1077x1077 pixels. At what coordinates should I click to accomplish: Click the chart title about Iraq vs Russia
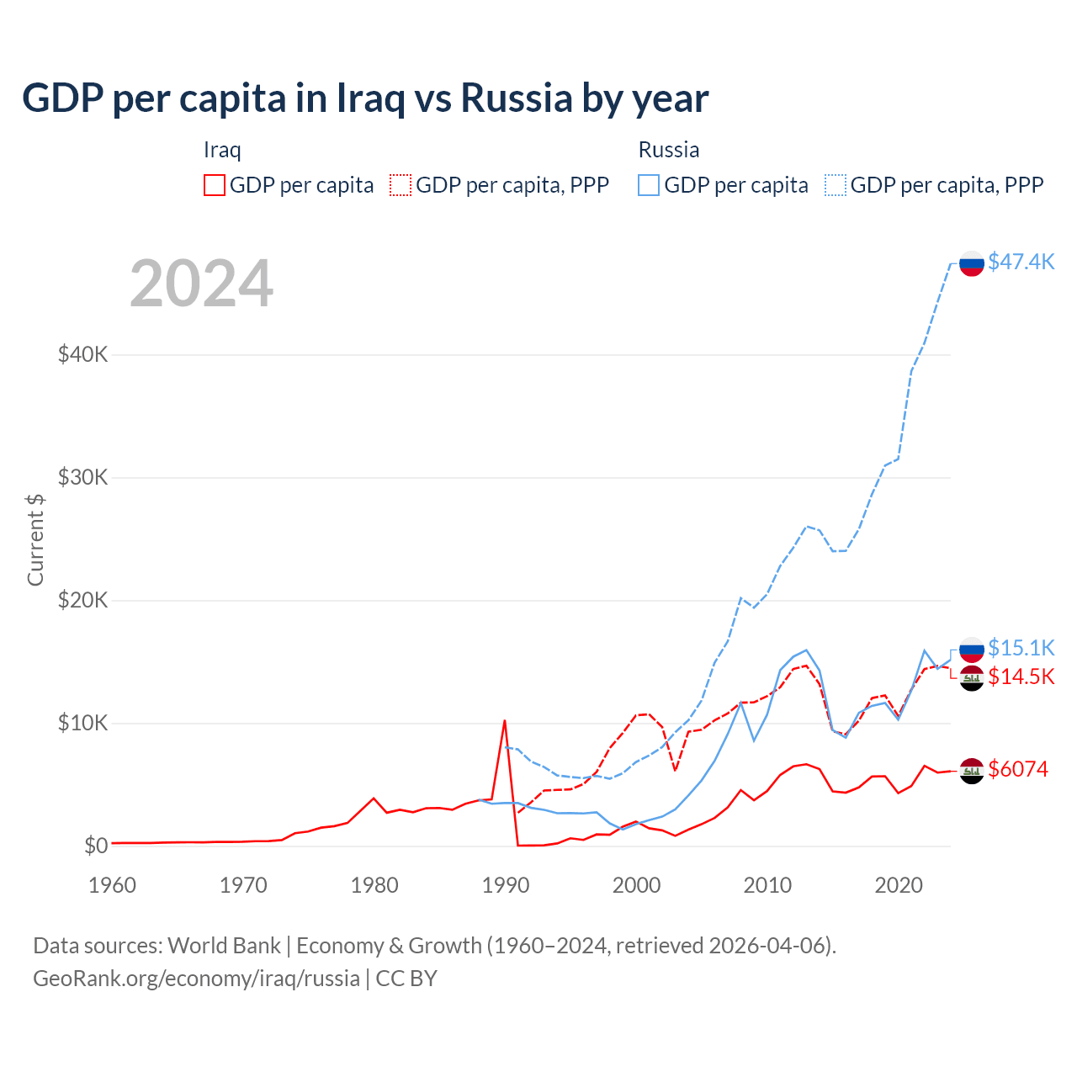click(365, 98)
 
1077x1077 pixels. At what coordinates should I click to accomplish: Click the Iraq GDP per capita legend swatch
click(215, 185)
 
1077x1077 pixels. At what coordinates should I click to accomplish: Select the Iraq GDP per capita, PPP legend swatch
click(401, 185)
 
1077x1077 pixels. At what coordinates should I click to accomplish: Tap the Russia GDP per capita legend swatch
click(649, 185)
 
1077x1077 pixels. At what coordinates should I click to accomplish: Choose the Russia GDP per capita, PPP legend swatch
click(836, 185)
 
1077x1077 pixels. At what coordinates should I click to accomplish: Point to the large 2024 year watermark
click(201, 284)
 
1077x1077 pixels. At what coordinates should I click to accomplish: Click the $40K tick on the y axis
click(82, 354)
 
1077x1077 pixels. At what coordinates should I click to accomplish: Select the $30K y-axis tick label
click(82, 477)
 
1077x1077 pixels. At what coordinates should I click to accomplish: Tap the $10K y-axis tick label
click(82, 723)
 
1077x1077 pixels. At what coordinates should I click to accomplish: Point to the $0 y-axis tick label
click(96, 846)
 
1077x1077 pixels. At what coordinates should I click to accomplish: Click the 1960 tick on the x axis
click(112, 885)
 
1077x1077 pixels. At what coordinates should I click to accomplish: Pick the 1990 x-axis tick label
click(506, 885)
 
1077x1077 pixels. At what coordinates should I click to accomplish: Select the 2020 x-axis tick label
click(899, 885)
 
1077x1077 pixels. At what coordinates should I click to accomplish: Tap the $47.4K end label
click(1021, 262)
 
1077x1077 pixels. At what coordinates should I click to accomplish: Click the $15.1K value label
click(1021, 647)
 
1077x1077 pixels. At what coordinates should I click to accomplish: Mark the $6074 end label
click(1018, 769)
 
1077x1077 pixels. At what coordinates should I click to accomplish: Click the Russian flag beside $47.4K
click(972, 263)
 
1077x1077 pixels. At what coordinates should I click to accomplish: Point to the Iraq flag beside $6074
click(972, 771)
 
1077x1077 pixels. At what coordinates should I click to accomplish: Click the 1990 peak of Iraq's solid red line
click(505, 720)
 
